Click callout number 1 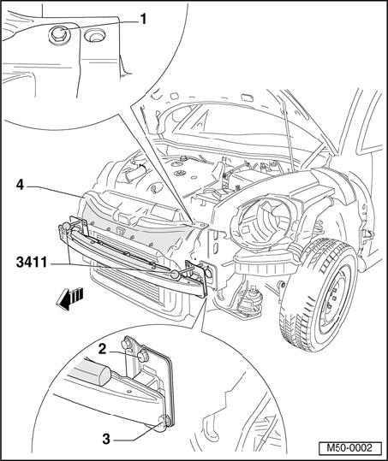pyautogui.click(x=143, y=20)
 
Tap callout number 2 pyautogui.click(x=102, y=349)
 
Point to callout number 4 pyautogui.click(x=20, y=186)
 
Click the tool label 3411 pyautogui.click(x=32, y=263)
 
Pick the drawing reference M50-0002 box pyautogui.click(x=350, y=448)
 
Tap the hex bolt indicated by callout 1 pyautogui.click(x=58, y=34)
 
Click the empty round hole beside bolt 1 pyautogui.click(x=94, y=36)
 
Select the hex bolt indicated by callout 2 pyautogui.click(x=143, y=357)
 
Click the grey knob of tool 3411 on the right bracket pyautogui.click(x=176, y=275)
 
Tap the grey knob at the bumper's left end pyautogui.click(x=67, y=226)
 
